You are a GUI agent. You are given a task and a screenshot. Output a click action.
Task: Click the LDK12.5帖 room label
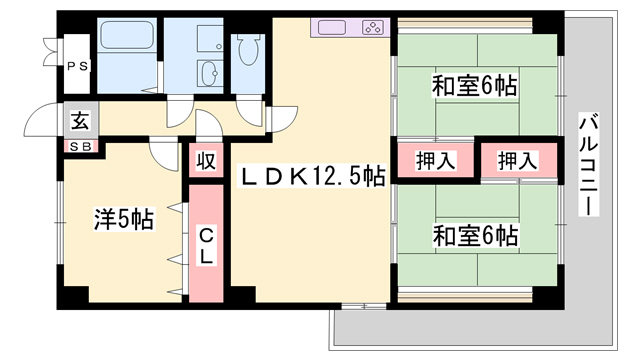tap(311, 176)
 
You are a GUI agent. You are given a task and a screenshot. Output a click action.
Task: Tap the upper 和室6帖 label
tap(474, 87)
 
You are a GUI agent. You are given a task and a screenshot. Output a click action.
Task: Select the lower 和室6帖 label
tap(474, 236)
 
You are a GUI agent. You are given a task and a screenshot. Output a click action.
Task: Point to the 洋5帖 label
tap(123, 219)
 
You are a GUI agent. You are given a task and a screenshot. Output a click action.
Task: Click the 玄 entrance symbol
tap(81, 122)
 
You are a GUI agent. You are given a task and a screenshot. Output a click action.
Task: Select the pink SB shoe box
tap(79, 147)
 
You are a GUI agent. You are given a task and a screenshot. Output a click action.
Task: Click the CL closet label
tap(206, 246)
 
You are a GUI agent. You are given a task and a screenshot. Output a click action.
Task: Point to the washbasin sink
tap(211, 72)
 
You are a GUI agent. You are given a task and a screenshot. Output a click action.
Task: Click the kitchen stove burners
tap(371, 28)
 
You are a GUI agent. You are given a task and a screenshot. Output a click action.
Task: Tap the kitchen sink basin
tap(331, 28)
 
